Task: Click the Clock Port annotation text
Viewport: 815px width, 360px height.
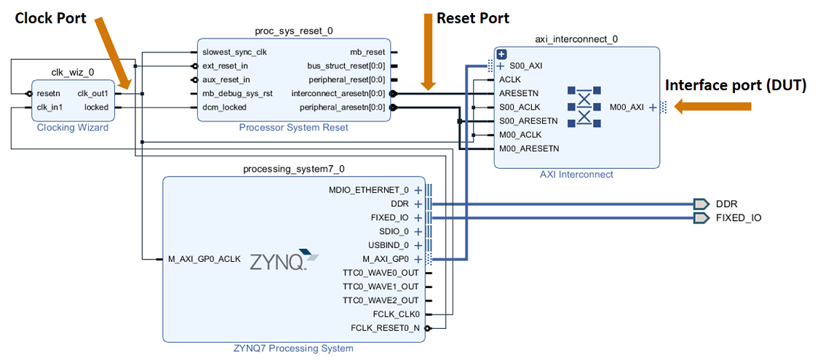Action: click(x=51, y=17)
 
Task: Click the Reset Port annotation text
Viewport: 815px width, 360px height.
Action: click(x=473, y=17)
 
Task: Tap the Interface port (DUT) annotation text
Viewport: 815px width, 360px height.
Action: click(x=736, y=85)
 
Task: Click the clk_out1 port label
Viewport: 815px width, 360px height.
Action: click(x=92, y=93)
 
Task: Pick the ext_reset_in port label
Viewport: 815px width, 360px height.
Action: click(x=226, y=65)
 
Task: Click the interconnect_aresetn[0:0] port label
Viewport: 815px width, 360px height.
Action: click(x=338, y=93)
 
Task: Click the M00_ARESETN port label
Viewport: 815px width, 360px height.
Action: click(x=529, y=148)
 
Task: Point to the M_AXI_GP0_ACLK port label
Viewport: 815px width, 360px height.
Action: click(x=204, y=259)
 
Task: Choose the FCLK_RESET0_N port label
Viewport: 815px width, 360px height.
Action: click(x=385, y=328)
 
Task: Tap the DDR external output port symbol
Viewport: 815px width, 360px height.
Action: click(x=701, y=204)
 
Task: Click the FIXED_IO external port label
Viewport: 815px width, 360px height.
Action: click(x=739, y=217)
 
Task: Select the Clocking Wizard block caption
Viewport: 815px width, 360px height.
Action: click(x=73, y=128)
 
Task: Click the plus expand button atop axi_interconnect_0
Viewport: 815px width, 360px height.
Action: click(x=501, y=54)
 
